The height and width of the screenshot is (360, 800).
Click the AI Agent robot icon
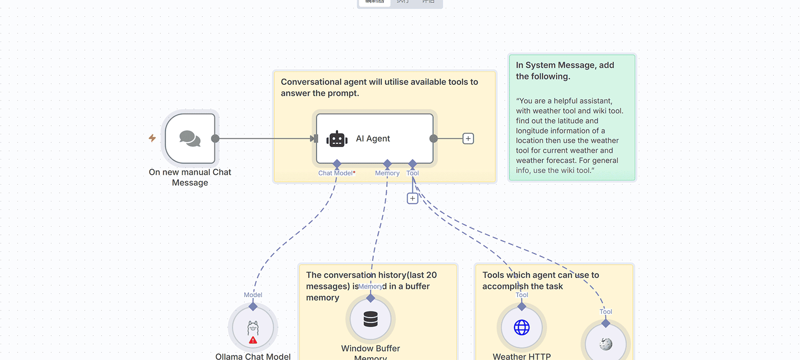[337, 139]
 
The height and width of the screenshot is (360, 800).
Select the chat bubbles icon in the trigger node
[190, 139]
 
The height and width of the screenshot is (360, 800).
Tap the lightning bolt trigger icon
[152, 138]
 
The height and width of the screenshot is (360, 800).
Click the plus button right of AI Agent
[468, 139]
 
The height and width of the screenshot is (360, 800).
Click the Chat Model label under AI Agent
[336, 173]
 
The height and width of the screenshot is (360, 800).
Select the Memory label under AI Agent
[387, 173]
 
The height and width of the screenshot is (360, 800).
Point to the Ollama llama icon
[253, 328]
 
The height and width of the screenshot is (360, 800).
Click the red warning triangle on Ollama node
[253, 340]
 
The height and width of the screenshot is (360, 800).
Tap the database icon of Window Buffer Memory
[370, 319]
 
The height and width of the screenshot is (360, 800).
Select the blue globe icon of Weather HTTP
[521, 328]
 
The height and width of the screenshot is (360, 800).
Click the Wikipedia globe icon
[606, 344]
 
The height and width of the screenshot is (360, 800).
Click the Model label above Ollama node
[253, 295]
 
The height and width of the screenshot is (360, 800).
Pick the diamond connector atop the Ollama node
[253, 307]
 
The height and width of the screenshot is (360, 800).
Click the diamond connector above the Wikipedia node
[606, 323]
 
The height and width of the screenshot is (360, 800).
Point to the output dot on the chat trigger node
[215, 139]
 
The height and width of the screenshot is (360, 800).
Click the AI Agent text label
[373, 139]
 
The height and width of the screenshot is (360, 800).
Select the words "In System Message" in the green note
[549, 65]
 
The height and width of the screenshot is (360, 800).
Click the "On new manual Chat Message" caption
[190, 177]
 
